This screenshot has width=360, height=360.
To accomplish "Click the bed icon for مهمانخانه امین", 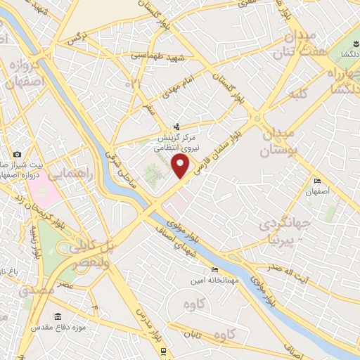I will (214, 269).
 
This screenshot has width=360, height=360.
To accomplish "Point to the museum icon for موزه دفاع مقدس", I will (58, 317).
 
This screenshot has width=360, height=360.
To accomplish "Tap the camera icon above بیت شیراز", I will (17, 154).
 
